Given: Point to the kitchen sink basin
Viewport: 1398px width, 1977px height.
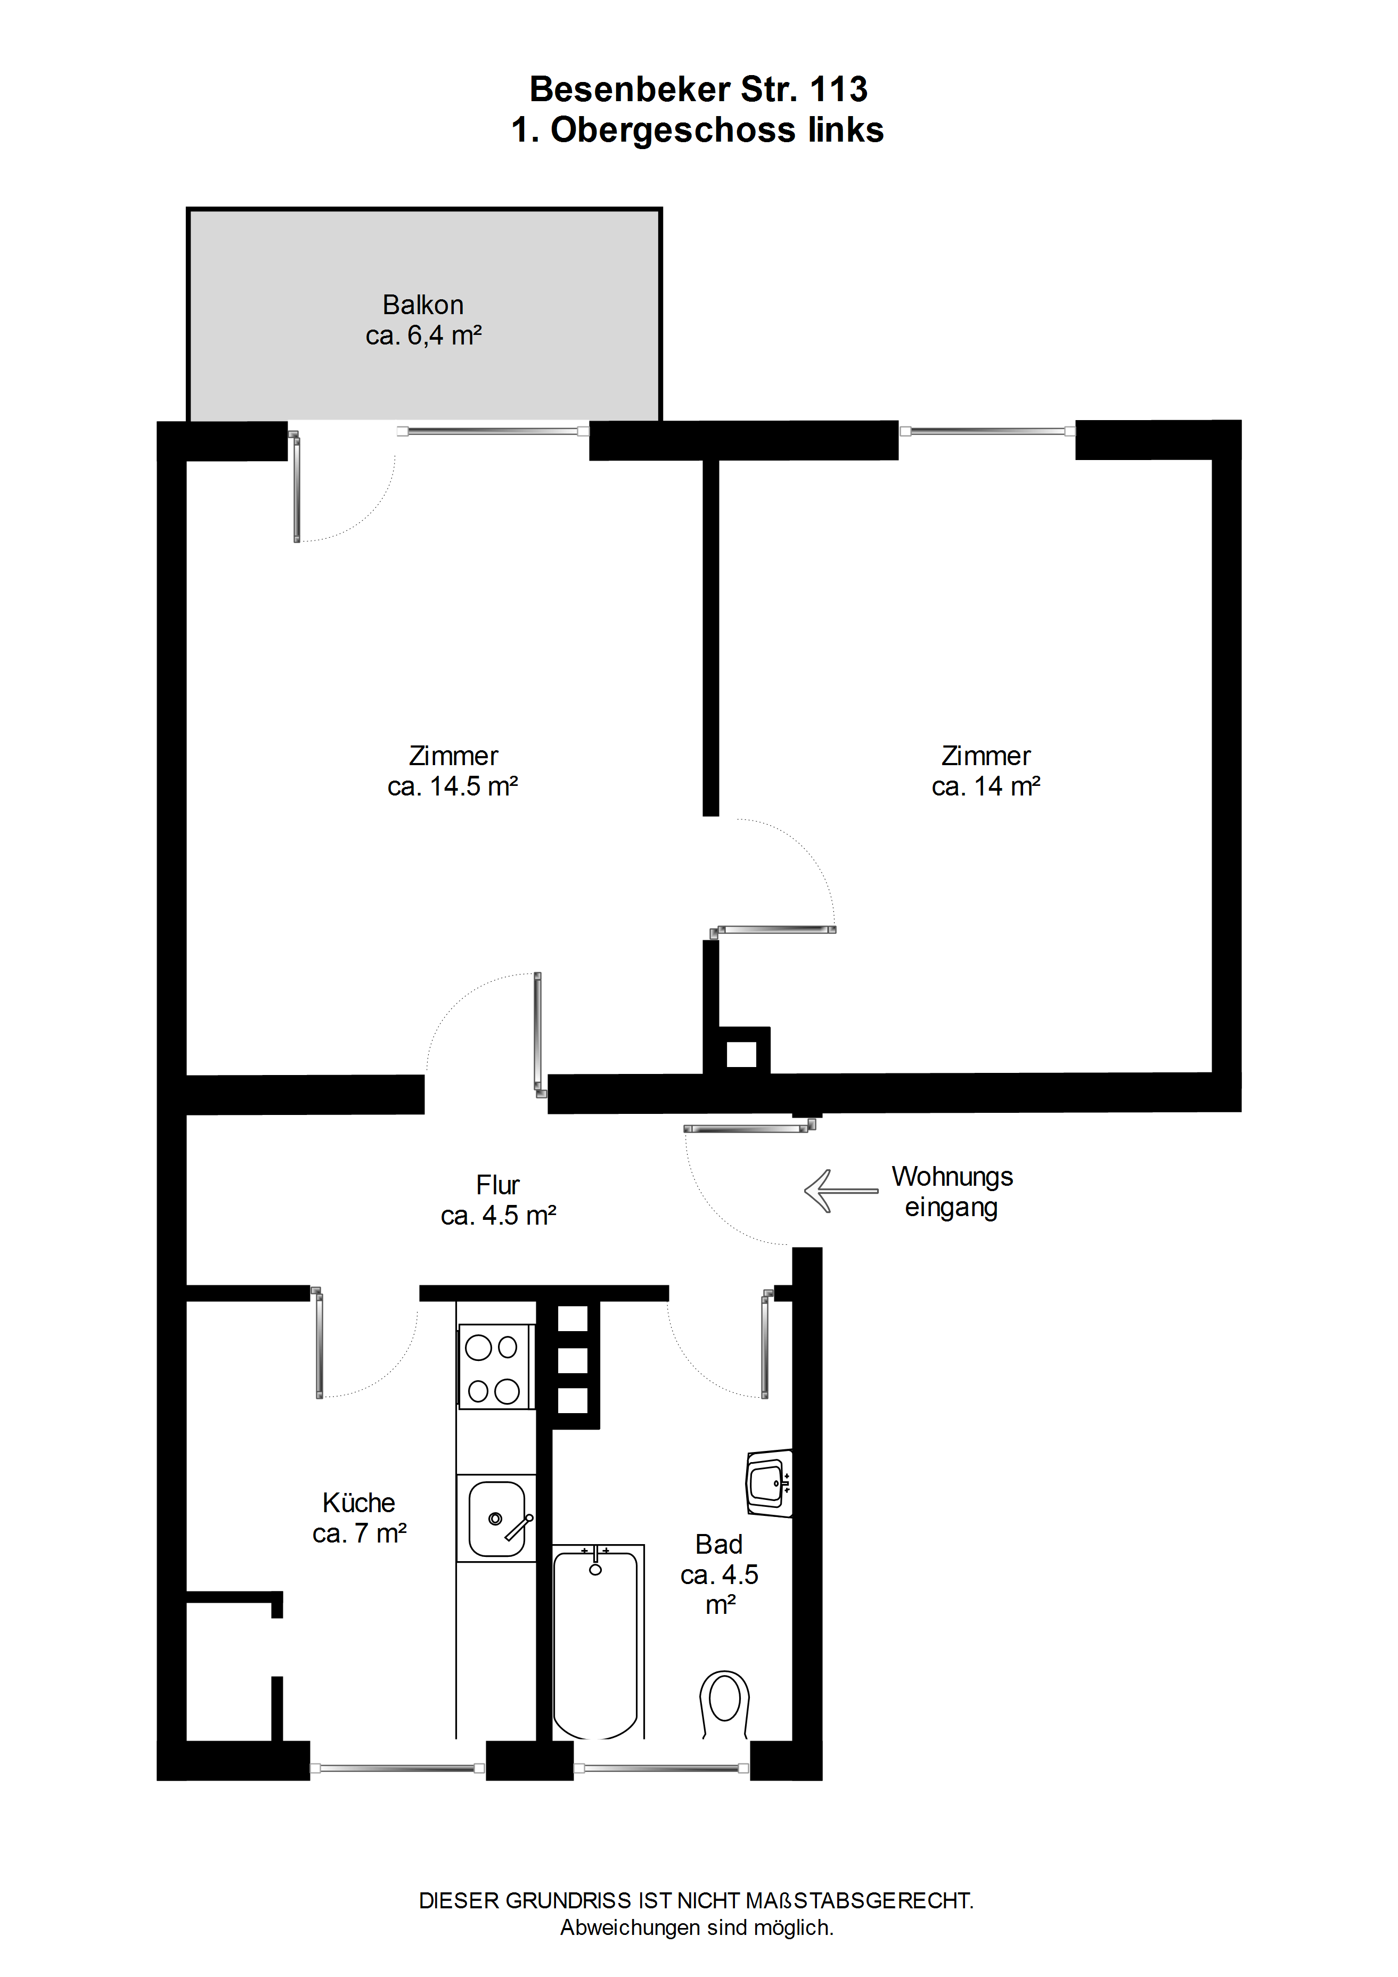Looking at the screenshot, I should pyautogui.click(x=496, y=1519).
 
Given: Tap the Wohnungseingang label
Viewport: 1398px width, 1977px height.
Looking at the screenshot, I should pyautogui.click(x=952, y=1192).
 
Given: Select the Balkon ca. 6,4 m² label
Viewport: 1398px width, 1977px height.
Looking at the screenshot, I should pyautogui.click(x=423, y=319).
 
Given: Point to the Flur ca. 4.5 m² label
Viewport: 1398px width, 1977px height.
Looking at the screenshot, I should pyautogui.click(x=498, y=1200).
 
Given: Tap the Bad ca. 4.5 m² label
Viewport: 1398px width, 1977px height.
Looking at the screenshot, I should pyautogui.click(x=720, y=1574).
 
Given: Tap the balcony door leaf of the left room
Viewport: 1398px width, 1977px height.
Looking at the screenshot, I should pyautogui.click(x=296, y=487).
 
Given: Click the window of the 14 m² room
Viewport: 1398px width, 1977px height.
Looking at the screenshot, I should pyautogui.click(x=987, y=431).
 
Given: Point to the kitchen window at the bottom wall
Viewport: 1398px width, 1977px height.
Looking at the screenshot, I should pyautogui.click(x=397, y=1769).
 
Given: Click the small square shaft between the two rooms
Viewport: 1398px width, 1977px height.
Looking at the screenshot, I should pyautogui.click(x=741, y=1054).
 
